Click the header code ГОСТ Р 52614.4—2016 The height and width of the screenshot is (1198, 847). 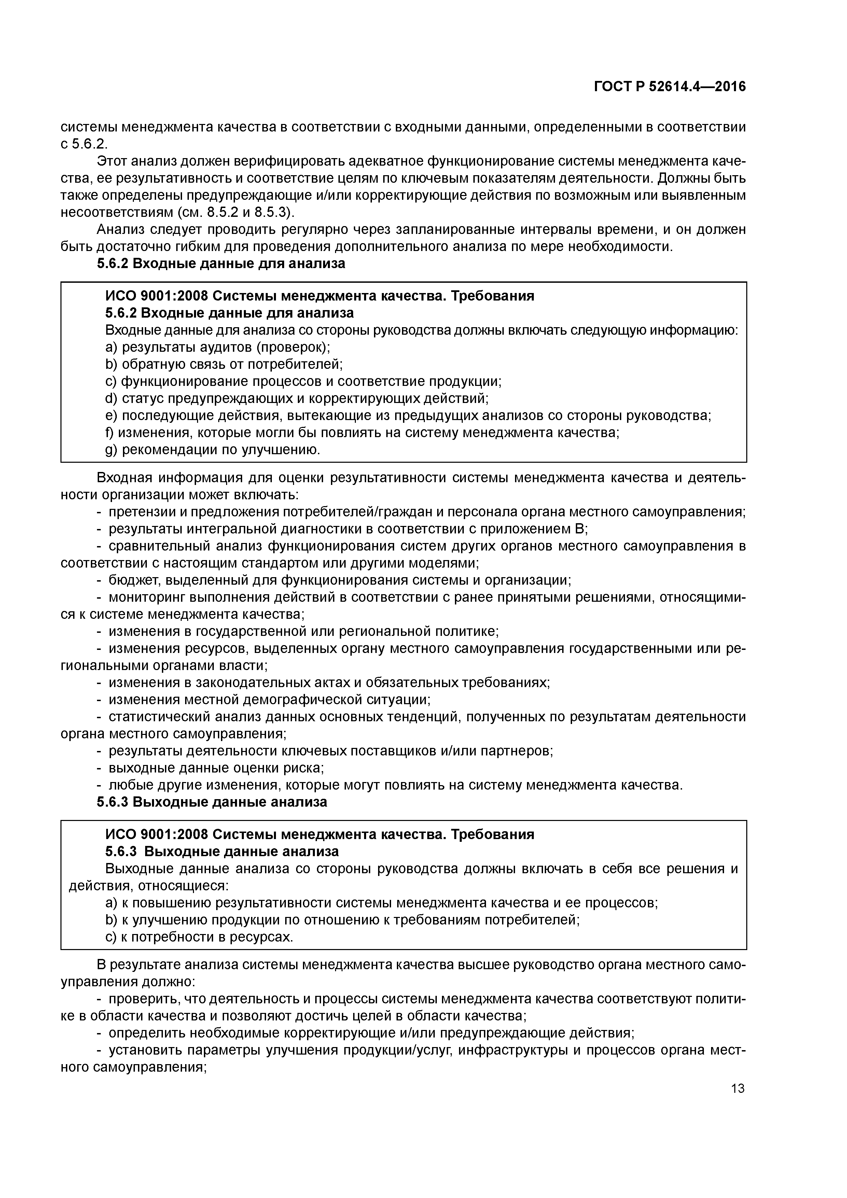669,87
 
